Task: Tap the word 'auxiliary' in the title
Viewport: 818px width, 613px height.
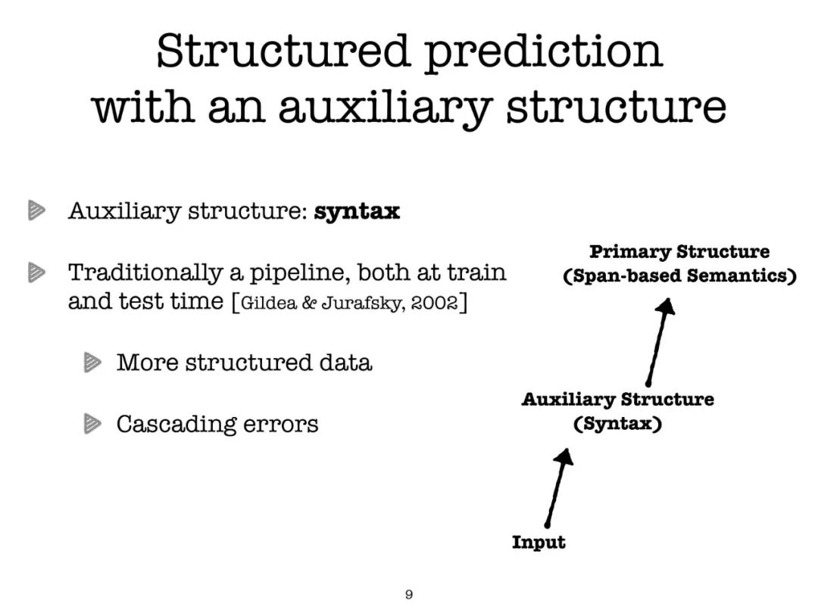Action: (385, 109)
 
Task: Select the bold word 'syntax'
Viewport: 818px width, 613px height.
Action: (357, 212)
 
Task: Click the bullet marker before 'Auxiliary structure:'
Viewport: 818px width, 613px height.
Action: (36, 210)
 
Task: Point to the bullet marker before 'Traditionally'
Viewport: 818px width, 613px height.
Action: (36, 272)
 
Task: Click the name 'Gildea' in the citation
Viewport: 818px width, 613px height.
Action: (268, 302)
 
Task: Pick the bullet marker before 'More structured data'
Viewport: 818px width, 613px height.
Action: (92, 363)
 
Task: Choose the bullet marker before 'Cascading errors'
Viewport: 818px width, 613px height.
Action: (92, 424)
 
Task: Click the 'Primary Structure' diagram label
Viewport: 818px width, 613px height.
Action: (679, 252)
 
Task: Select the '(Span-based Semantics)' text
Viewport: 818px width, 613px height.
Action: (679, 275)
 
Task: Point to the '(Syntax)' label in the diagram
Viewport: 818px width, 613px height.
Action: (618, 424)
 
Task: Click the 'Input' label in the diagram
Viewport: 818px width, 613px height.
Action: (539, 542)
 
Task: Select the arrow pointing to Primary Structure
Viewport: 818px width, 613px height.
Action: (658, 341)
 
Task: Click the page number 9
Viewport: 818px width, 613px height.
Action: (409, 594)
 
